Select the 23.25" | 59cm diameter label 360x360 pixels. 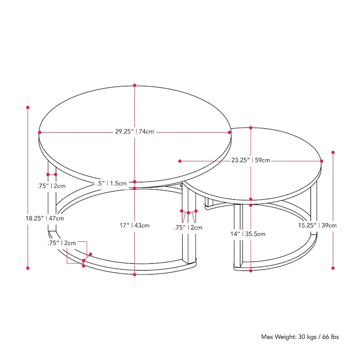click(x=251, y=160)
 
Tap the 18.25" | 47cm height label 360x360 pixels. click(x=45, y=218)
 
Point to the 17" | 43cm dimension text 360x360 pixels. click(x=135, y=225)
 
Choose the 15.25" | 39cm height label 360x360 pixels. click(x=318, y=225)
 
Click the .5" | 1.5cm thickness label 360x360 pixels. click(x=112, y=183)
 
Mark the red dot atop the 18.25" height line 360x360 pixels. click(x=28, y=108)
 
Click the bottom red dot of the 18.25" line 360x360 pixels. click(x=28, y=268)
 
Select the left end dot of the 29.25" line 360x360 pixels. click(x=40, y=132)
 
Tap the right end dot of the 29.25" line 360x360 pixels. click(x=230, y=132)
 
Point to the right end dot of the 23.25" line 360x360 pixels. click(x=322, y=161)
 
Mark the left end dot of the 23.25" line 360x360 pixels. click(x=180, y=161)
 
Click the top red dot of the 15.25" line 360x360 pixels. click(x=333, y=152)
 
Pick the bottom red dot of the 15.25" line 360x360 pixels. click(x=333, y=268)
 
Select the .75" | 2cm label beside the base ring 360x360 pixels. click(x=62, y=243)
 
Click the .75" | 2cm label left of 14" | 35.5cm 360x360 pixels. click(x=188, y=227)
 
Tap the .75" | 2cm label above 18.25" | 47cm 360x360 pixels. click(x=52, y=185)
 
